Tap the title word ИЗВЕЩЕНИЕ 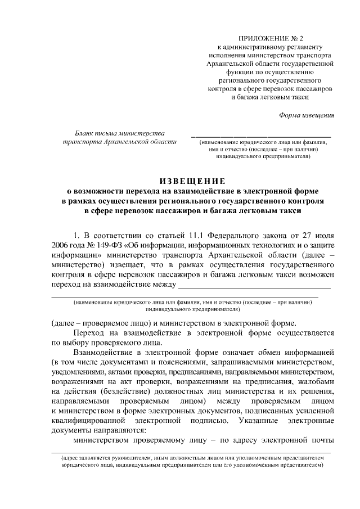pos(192,181)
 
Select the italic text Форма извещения pos(307,115)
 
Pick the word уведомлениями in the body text pos(76,374)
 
